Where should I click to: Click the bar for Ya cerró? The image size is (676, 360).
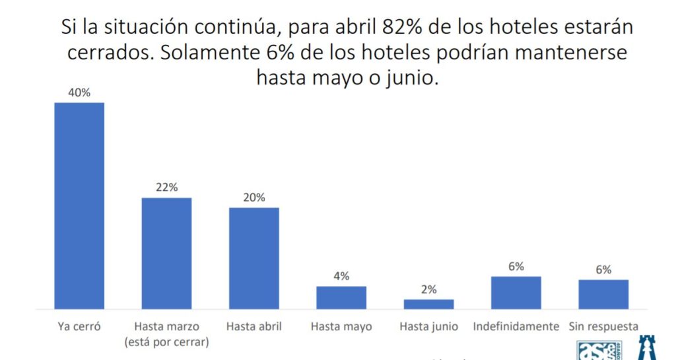click(79, 205)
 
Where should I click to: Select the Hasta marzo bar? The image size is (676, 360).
click(166, 253)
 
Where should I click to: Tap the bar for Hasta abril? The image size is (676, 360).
click(253, 258)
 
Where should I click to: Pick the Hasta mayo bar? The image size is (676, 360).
click(341, 297)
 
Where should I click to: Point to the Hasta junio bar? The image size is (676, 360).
click(428, 304)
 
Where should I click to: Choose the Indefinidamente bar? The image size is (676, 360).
click(516, 293)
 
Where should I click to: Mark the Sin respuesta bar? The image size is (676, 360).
click(603, 294)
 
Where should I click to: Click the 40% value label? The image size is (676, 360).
click(79, 92)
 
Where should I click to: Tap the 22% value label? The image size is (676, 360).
click(167, 187)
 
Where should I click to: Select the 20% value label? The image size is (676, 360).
click(254, 197)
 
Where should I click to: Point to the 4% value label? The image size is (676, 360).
click(341, 276)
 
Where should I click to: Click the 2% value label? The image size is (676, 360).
click(429, 289)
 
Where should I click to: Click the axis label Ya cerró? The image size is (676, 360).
click(79, 326)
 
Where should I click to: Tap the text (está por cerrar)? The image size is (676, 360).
click(166, 342)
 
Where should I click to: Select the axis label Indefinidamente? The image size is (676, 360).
click(516, 326)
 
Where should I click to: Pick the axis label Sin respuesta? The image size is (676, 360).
click(603, 326)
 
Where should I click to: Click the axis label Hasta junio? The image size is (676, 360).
click(429, 326)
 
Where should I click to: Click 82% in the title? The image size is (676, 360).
click(402, 27)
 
